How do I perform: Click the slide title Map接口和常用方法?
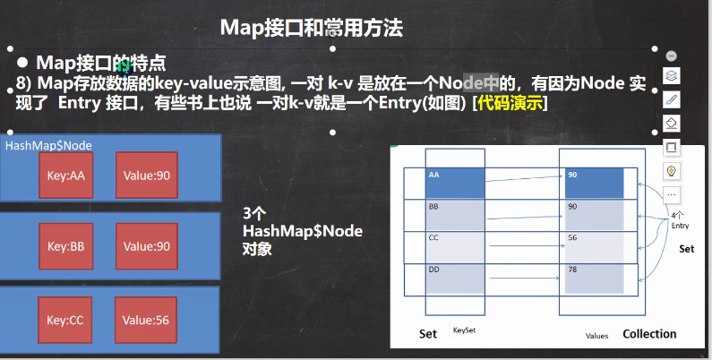click(x=312, y=28)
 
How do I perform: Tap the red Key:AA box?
click(x=66, y=176)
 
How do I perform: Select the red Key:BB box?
click(x=66, y=246)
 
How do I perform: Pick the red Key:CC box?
click(x=65, y=320)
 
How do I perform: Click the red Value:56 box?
click(x=146, y=320)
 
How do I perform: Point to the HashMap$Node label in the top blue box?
click(x=48, y=145)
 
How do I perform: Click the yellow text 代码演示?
click(x=510, y=103)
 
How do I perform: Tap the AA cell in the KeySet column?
click(x=455, y=183)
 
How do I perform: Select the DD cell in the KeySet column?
click(x=455, y=279)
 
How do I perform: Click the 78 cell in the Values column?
click(x=594, y=279)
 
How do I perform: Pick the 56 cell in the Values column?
click(x=594, y=247)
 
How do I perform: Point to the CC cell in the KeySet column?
click(x=455, y=247)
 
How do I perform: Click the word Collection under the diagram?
click(x=649, y=334)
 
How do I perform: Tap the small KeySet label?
click(x=464, y=330)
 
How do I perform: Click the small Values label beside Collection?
click(x=596, y=336)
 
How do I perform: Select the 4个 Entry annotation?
click(x=680, y=220)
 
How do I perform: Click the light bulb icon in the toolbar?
click(x=671, y=171)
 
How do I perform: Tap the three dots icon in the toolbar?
click(x=671, y=194)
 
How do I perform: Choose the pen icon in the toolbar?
click(x=671, y=99)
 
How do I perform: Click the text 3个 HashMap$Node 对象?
click(x=303, y=231)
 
